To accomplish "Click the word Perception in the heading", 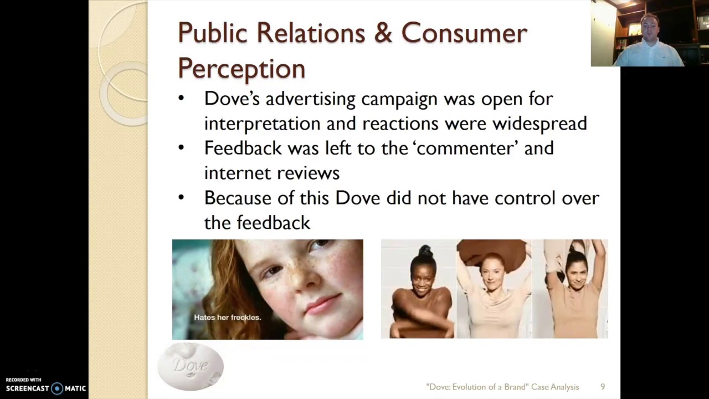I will coord(242,69).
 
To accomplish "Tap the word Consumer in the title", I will coord(464,33).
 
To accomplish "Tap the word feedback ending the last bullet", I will coord(273,223).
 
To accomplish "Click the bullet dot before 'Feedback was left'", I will coord(182,147).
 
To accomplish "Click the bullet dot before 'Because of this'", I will coord(182,197).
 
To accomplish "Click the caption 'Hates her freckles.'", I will coord(227,318).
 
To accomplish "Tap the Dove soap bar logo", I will coord(190,366).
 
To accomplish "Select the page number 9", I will coord(603,387).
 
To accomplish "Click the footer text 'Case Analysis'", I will coord(555,387).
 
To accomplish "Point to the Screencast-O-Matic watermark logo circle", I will coord(57,388).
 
